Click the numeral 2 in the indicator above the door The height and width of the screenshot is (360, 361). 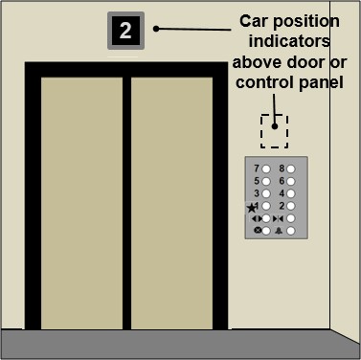coord(125,31)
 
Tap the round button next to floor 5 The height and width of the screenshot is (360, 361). coord(266,181)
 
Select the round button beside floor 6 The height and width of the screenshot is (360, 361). coord(290,181)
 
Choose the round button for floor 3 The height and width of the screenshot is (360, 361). coord(266,193)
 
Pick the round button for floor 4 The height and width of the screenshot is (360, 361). coord(290,193)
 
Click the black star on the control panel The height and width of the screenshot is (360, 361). coord(252,208)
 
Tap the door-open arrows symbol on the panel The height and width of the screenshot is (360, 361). coord(257,218)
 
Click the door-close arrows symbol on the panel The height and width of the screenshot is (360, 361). coord(279,218)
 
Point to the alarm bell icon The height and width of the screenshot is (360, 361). coord(279,231)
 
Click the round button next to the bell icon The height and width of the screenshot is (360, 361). coord(290,231)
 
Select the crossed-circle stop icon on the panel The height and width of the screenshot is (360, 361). coord(258,230)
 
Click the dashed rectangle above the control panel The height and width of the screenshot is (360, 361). coord(261,131)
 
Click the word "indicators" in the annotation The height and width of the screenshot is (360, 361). coord(289,41)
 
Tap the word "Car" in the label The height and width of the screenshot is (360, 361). coord(254,21)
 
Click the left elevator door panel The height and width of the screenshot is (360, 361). coord(81,203)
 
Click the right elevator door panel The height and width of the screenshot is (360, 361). coord(171,203)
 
